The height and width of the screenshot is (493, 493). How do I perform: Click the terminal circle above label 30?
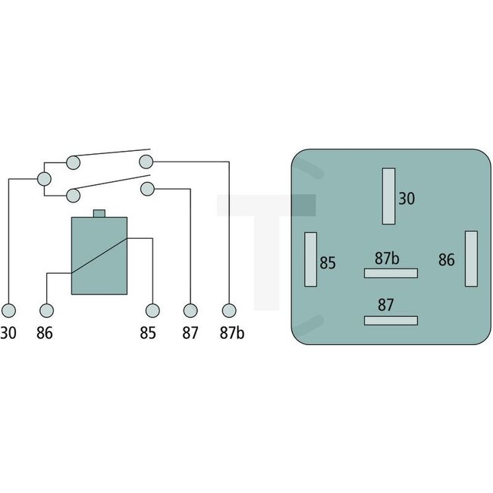(x=8, y=310)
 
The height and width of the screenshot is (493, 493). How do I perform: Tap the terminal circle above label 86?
(x=47, y=310)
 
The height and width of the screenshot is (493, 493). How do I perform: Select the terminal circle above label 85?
(x=153, y=310)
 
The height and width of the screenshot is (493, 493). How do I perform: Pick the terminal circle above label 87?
(x=190, y=310)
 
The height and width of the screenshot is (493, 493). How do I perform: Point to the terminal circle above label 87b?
(x=228, y=310)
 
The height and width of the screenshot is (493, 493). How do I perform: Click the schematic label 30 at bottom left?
(x=8, y=332)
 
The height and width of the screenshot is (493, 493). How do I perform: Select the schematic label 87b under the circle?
(x=232, y=332)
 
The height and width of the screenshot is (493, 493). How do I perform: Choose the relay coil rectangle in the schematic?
(x=99, y=256)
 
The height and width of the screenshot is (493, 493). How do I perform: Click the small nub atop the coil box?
(x=99, y=214)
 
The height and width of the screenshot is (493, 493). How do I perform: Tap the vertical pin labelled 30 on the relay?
(x=390, y=196)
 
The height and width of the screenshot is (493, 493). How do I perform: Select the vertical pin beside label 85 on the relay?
(x=310, y=259)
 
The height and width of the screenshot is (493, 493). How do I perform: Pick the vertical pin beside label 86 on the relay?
(x=471, y=259)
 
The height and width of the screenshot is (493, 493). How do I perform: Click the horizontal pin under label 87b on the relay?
(x=391, y=273)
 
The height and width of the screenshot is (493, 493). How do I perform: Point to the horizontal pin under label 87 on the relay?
(x=391, y=319)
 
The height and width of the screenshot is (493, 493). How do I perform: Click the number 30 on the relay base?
(x=407, y=199)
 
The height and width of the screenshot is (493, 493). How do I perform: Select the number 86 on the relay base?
(x=446, y=260)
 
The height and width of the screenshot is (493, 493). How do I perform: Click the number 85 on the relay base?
(x=328, y=263)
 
